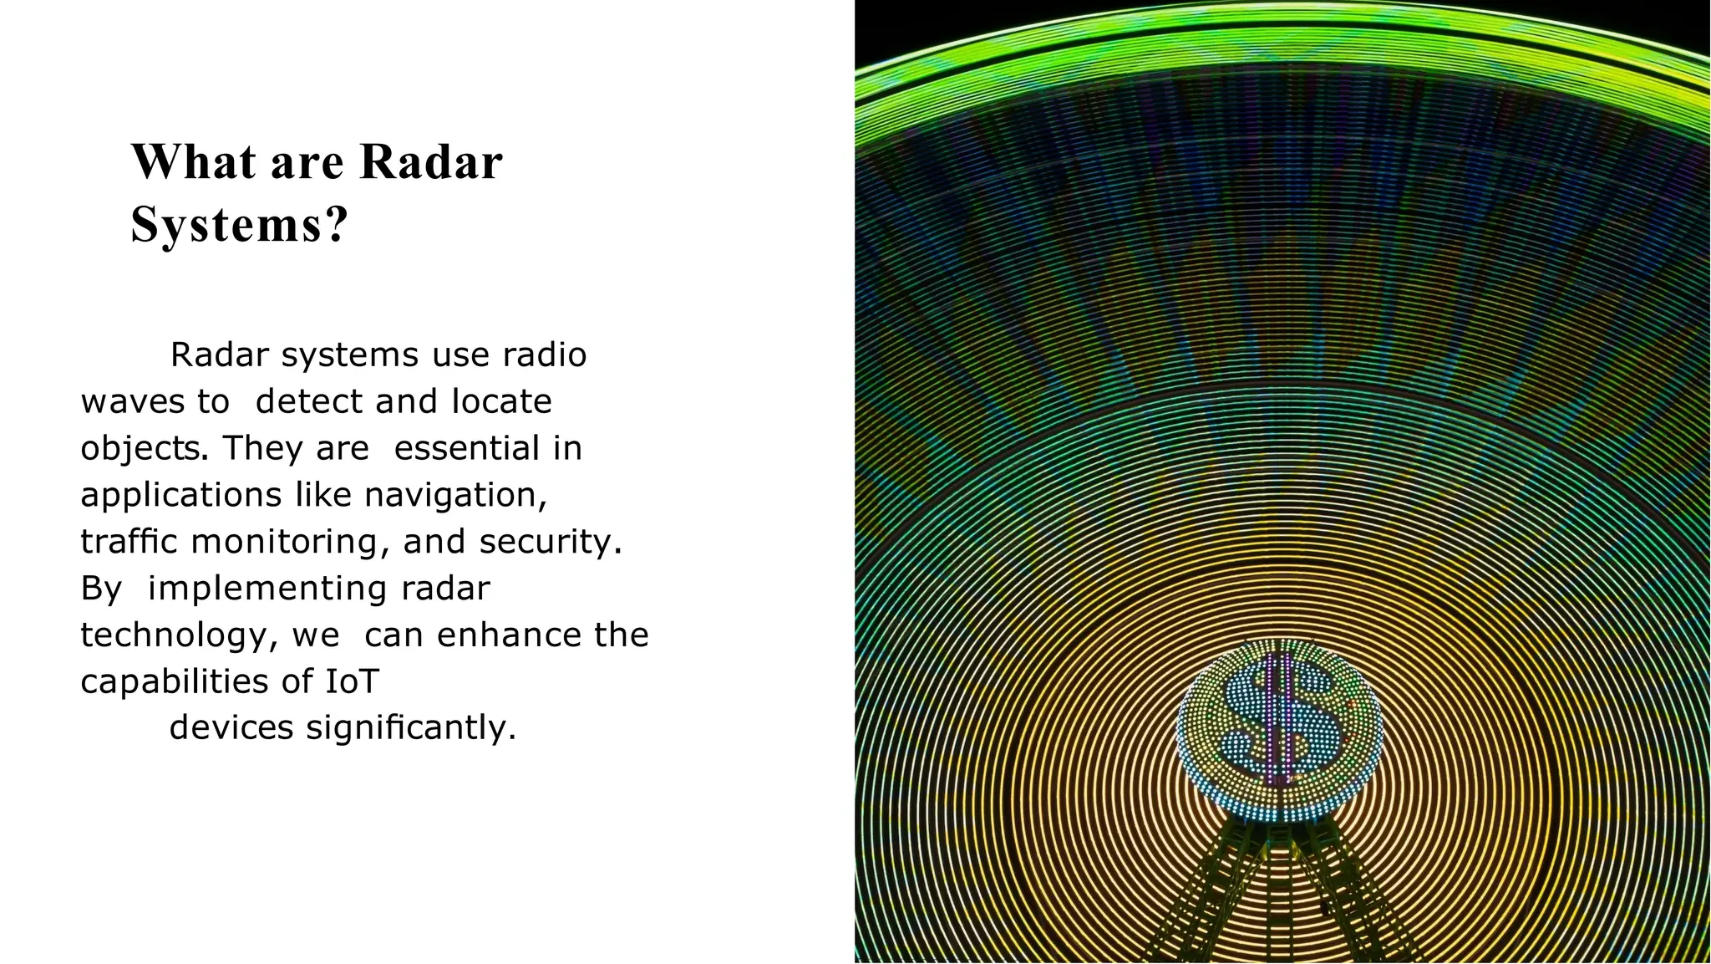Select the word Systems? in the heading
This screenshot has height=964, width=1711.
pos(239,225)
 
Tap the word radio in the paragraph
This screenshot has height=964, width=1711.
pos(545,354)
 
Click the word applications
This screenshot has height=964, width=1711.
pos(180,495)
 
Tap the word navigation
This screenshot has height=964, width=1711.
pos(454,495)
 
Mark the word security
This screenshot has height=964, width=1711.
pos(550,542)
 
